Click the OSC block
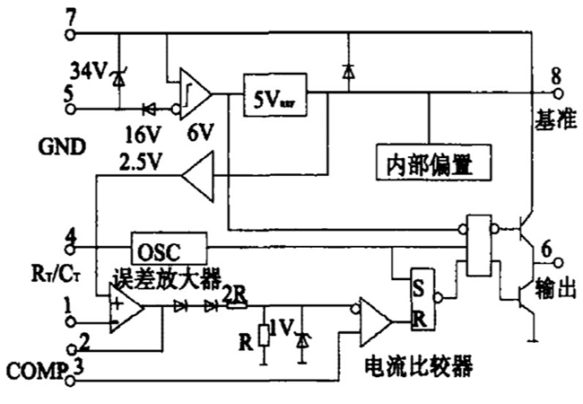tap(168, 245)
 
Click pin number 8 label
tap(555, 75)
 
